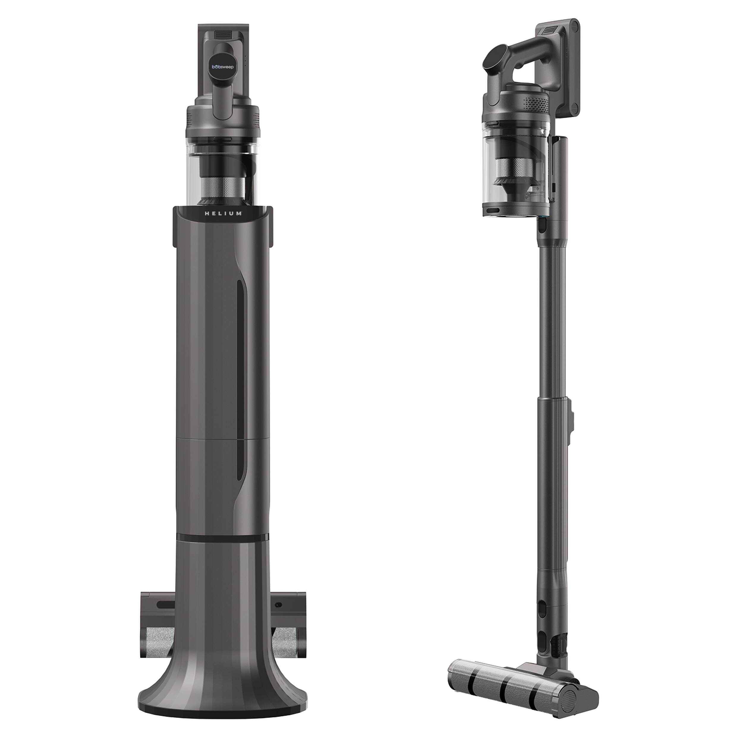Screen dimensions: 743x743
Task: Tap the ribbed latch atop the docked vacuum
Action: click(223, 35)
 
